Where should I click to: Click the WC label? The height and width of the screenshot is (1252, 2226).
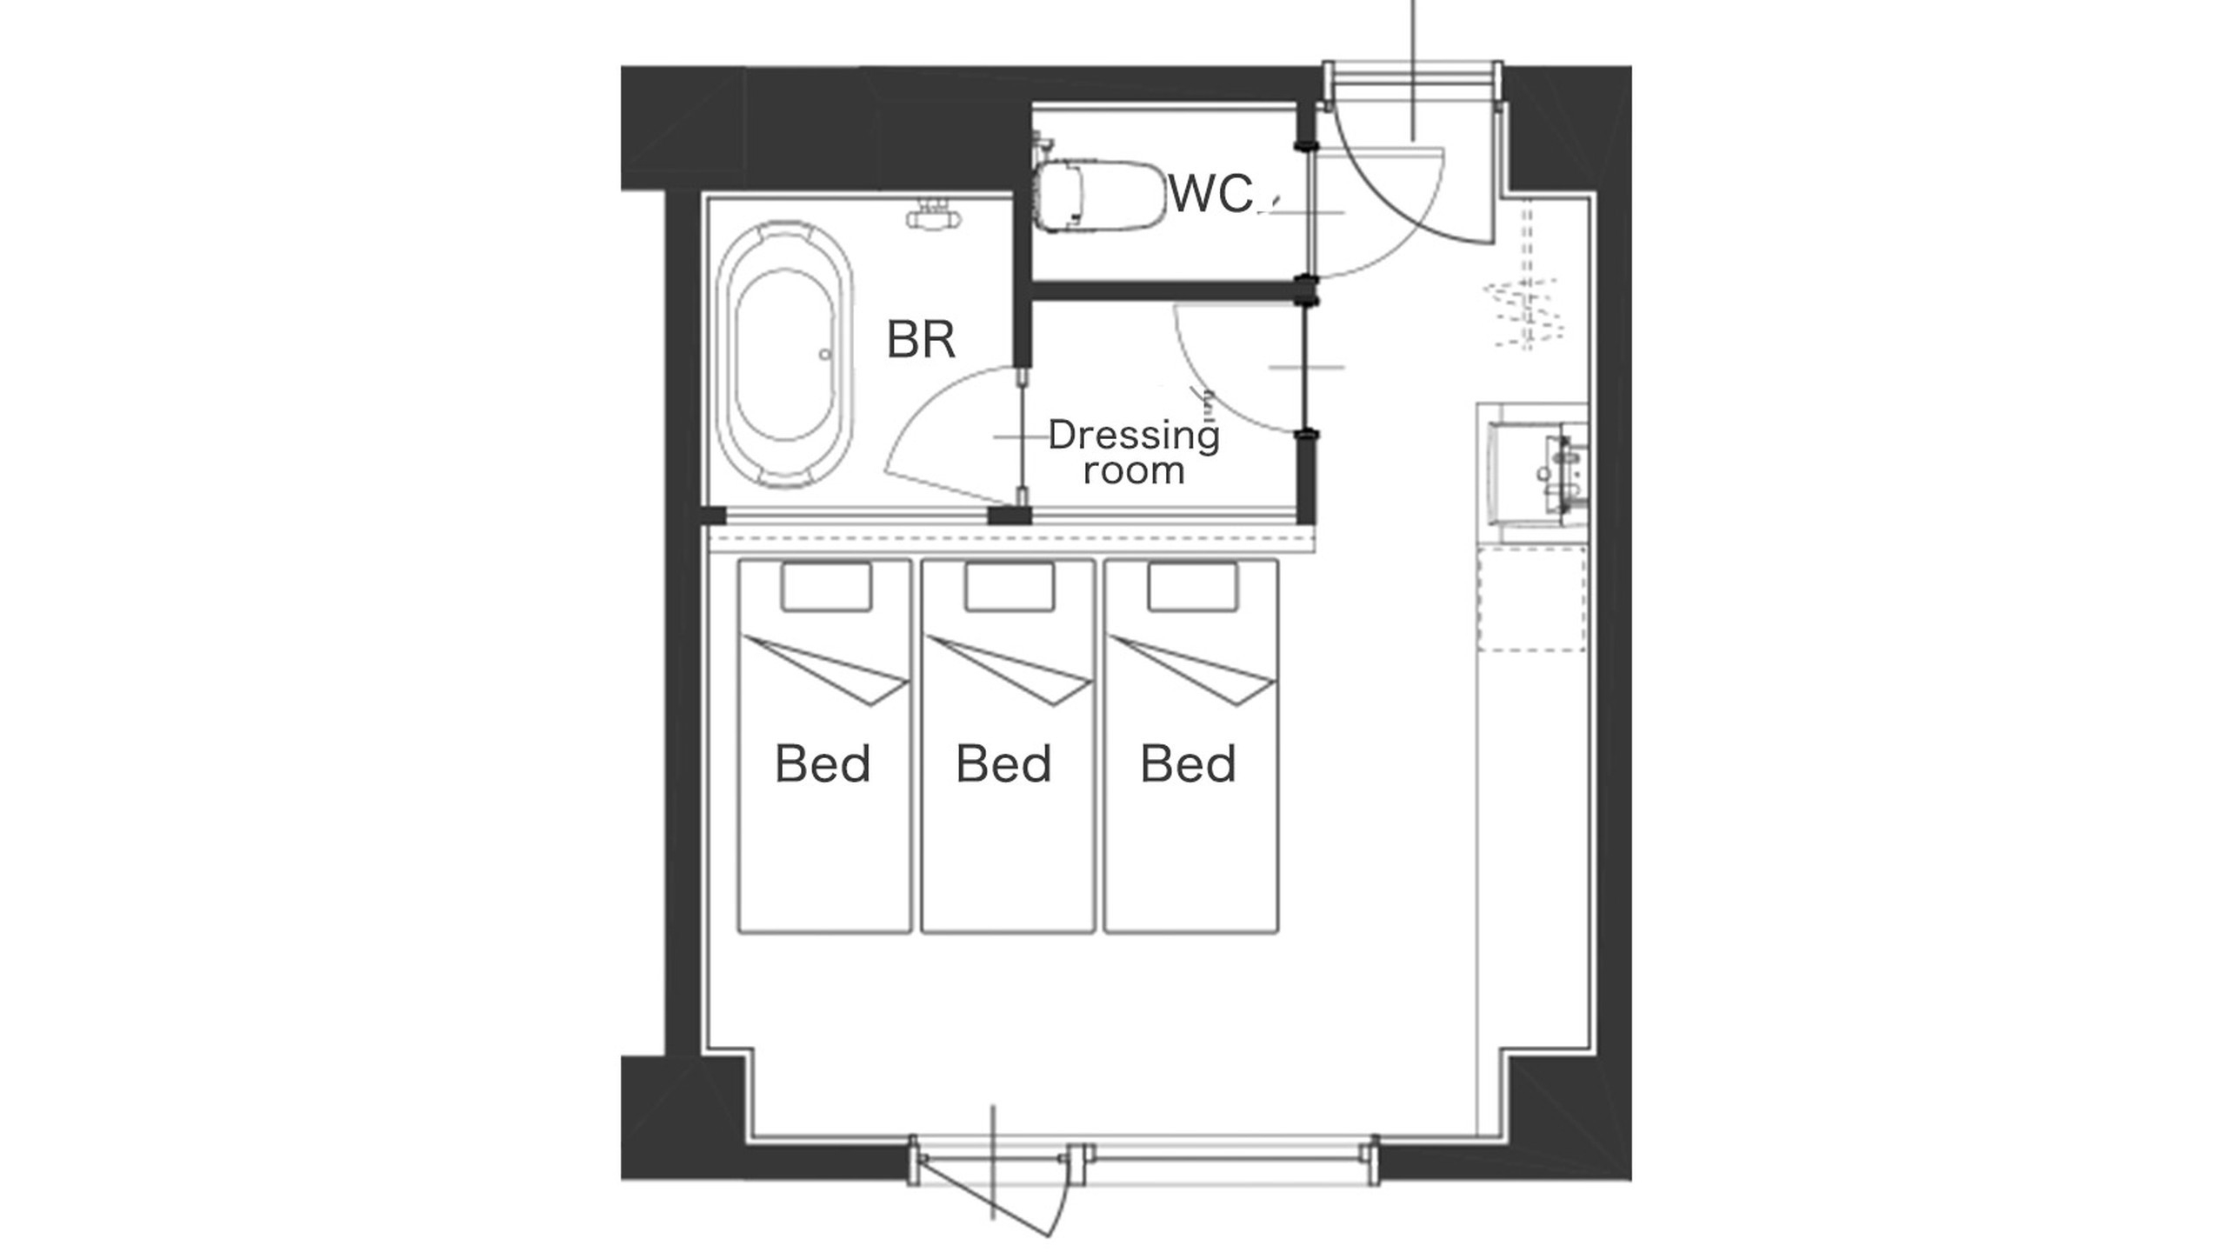1210,193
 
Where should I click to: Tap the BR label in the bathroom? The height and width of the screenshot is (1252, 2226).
921,339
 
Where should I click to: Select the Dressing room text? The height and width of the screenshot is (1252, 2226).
1134,452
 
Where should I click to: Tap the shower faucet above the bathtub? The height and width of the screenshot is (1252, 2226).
934,214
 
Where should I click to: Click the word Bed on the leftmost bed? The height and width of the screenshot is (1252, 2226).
823,763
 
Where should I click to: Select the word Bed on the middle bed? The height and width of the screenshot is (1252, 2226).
1003,763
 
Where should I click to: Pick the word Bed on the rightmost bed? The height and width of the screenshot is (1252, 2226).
1188,763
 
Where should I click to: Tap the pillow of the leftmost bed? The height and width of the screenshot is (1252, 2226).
826,587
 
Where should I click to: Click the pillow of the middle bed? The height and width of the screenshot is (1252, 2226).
1010,587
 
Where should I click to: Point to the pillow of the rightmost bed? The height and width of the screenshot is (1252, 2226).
1193,587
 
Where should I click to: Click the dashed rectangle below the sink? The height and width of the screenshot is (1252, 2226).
1531,600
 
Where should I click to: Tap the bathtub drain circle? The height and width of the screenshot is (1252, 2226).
824,354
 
